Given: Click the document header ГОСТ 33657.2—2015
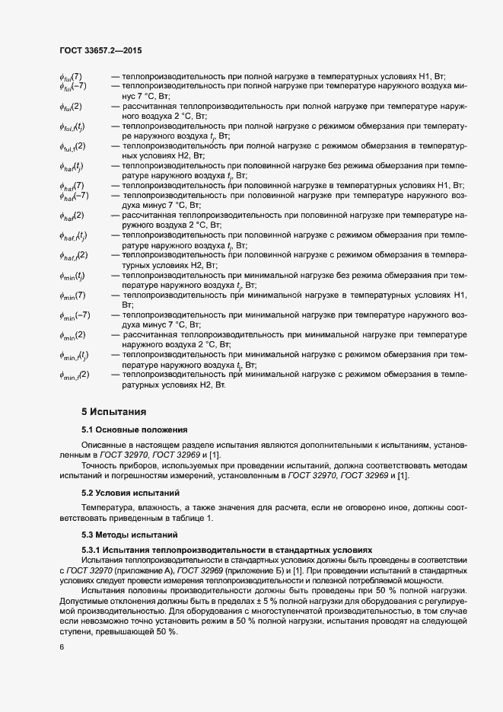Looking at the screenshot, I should pyautogui.click(x=100, y=50).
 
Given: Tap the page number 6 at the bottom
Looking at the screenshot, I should pyautogui.click(x=61, y=647).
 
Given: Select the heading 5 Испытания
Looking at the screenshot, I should pyautogui.click(x=113, y=412).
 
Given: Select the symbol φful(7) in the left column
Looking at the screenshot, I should pyautogui.click(x=72, y=77).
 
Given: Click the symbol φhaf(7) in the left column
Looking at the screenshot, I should pyautogui.click(x=72, y=185).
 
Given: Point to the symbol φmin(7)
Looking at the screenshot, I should pyautogui.click(x=73, y=295).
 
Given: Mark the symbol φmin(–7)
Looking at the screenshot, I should pyautogui.click(x=75, y=314).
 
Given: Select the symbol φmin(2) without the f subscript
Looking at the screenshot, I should pyautogui.click(x=73, y=334).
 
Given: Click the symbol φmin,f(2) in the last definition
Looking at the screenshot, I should pyautogui.click(x=75, y=374).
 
